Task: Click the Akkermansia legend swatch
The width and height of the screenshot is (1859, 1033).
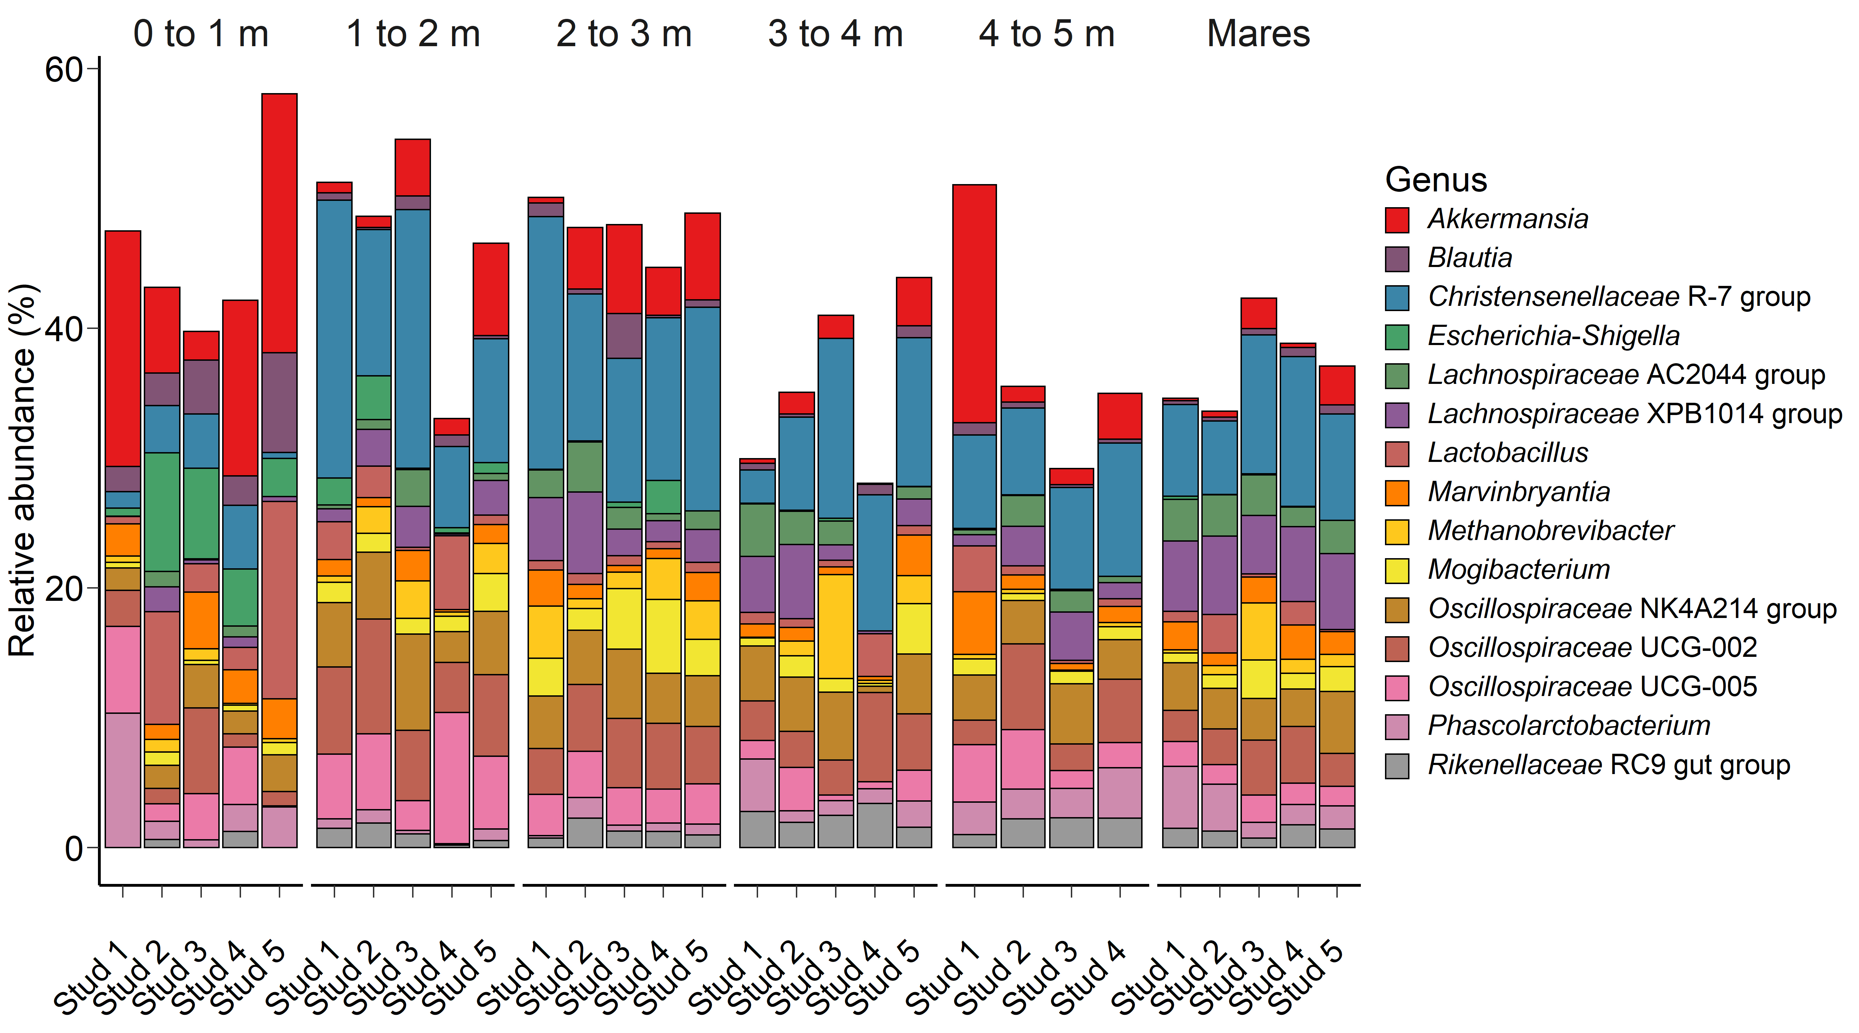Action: tap(1397, 219)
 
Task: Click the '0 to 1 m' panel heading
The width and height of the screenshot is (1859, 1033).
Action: tap(200, 34)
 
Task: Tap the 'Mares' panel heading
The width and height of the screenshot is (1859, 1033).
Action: tap(1258, 34)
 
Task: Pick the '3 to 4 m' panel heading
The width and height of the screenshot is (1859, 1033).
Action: tap(835, 34)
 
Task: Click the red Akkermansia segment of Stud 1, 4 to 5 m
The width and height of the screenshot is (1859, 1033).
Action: tap(974, 303)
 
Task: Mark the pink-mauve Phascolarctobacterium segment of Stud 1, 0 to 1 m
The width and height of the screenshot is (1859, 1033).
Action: tap(123, 780)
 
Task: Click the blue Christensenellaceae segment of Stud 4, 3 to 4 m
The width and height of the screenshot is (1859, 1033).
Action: tap(875, 563)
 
